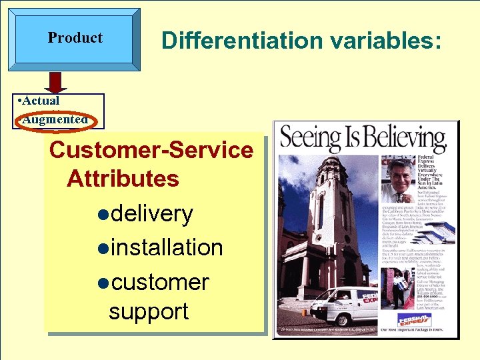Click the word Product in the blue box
coord(75,38)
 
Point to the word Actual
coord(41,101)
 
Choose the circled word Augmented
coord(55,120)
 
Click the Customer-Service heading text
coord(151,149)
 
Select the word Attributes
coord(123,179)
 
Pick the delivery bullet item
coord(151,213)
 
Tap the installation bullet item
coord(167,247)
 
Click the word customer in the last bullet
coord(160,282)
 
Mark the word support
coord(149,311)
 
